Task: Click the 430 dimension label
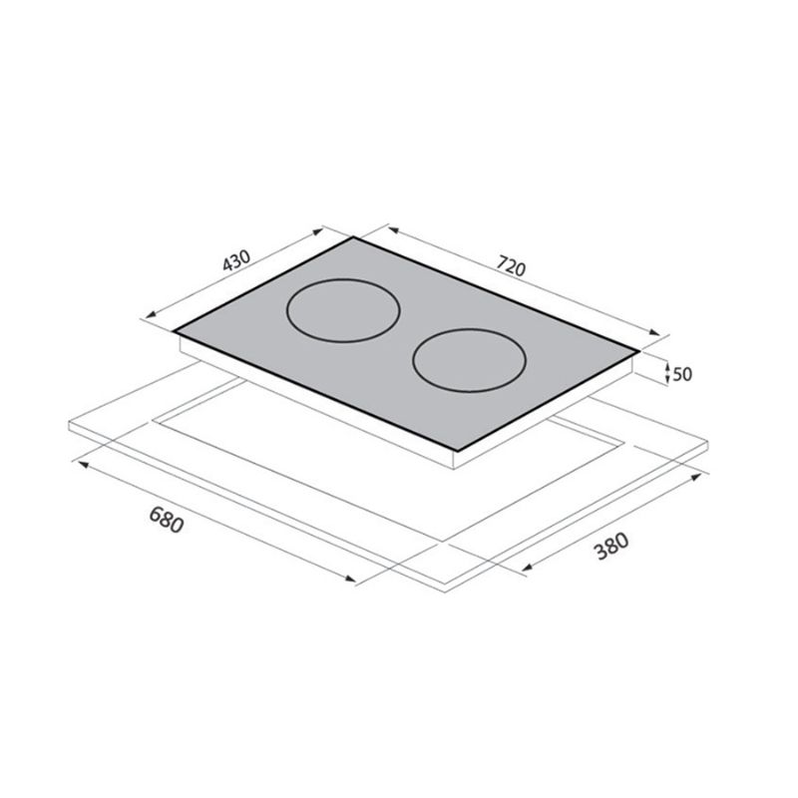click(236, 259)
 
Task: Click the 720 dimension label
click(511, 266)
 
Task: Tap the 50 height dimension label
click(682, 374)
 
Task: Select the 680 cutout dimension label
click(166, 520)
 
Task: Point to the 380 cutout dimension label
click(612, 546)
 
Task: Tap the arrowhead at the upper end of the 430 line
click(317, 232)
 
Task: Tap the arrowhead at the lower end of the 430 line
click(152, 315)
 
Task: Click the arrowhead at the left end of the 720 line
click(393, 231)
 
